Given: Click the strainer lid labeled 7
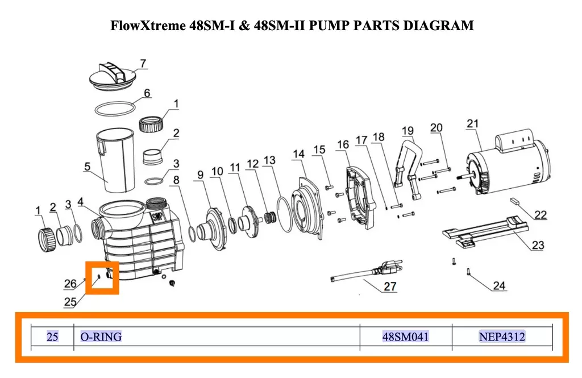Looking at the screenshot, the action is [x=113, y=77].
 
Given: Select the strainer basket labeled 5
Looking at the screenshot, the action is [x=115, y=160].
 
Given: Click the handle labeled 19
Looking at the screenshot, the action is [x=408, y=167].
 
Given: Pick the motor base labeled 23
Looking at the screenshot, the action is [x=485, y=232].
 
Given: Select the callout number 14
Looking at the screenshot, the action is [x=298, y=153].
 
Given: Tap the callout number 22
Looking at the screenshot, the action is [x=541, y=215].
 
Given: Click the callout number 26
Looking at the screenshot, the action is [x=70, y=284].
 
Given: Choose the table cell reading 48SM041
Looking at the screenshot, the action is [x=405, y=337].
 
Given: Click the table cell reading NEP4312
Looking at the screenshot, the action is [x=502, y=337].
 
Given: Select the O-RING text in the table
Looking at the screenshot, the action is [x=101, y=337].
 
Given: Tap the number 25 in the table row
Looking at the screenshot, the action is [x=52, y=337].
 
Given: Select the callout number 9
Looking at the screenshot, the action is [x=201, y=175].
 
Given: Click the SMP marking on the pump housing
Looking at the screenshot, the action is [x=158, y=216].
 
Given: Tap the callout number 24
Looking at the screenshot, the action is [x=499, y=285].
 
